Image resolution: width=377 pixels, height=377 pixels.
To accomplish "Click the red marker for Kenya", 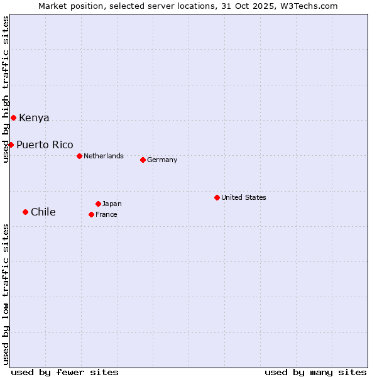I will click(x=13, y=117).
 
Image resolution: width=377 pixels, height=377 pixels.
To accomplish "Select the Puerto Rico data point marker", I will click(x=11, y=145).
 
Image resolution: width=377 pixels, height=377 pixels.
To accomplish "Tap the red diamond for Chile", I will click(x=25, y=212).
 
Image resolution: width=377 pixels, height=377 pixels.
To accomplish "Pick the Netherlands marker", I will click(x=79, y=156).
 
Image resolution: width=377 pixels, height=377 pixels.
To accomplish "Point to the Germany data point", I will click(x=143, y=160).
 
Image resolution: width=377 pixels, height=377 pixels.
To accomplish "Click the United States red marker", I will click(x=217, y=197).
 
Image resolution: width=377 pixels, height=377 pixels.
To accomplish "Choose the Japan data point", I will click(x=98, y=204).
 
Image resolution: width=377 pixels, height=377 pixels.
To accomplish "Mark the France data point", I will click(x=91, y=214).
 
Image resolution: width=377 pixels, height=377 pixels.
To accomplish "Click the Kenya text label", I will click(x=34, y=118).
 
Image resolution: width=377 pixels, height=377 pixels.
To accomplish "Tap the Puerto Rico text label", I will click(x=45, y=145).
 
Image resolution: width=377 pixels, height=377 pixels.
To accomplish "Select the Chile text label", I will click(x=43, y=212).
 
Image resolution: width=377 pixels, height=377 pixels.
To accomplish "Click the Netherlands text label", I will click(x=104, y=156).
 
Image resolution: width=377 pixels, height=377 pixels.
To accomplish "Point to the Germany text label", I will click(x=162, y=160).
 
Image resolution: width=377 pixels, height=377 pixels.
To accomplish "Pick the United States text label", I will click(x=244, y=197).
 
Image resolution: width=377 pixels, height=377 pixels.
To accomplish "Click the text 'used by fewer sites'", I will click(x=65, y=372).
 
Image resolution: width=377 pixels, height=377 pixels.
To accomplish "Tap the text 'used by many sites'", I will click(x=315, y=372).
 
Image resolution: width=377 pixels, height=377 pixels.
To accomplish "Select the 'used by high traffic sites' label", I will click(x=6, y=89).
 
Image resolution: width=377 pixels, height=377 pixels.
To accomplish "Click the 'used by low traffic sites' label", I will click(x=6, y=294).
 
